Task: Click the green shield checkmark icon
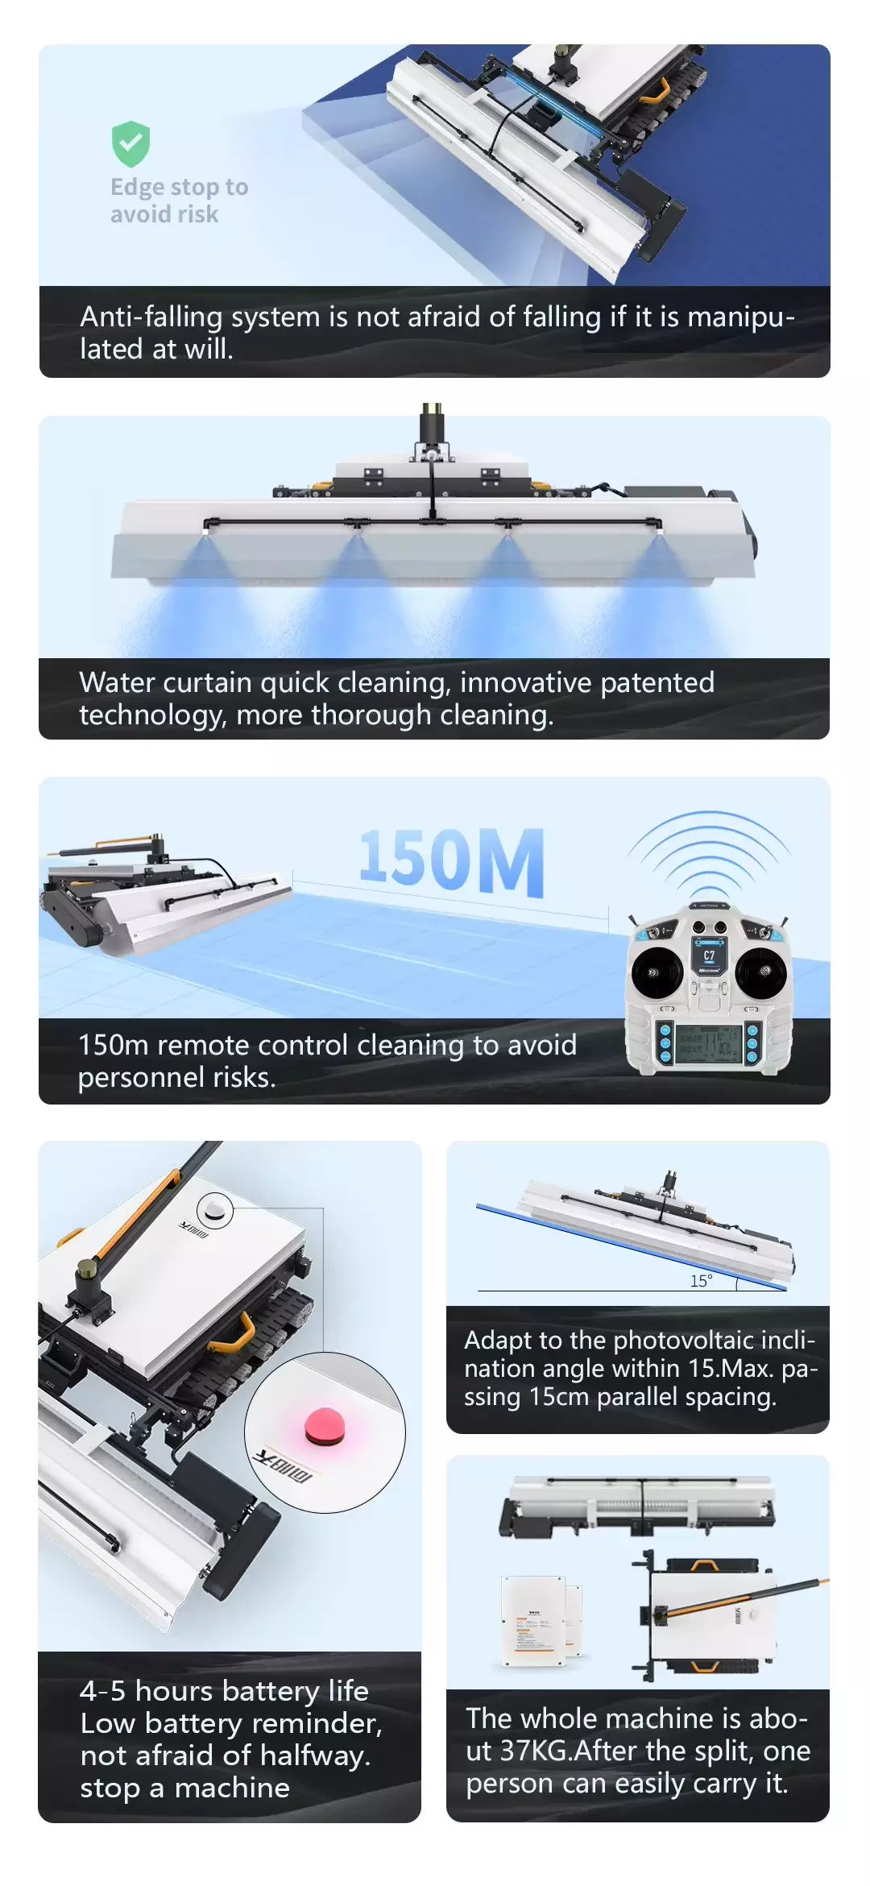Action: click(130, 144)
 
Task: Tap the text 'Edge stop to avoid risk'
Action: click(179, 201)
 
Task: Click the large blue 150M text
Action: click(451, 862)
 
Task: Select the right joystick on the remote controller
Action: click(761, 971)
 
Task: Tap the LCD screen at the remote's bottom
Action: click(709, 1044)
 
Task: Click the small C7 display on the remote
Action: click(709, 956)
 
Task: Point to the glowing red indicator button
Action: click(325, 1427)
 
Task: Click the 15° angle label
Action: click(701, 1281)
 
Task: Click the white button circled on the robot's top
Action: click(215, 1209)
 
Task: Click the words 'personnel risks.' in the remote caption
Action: click(177, 1078)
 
